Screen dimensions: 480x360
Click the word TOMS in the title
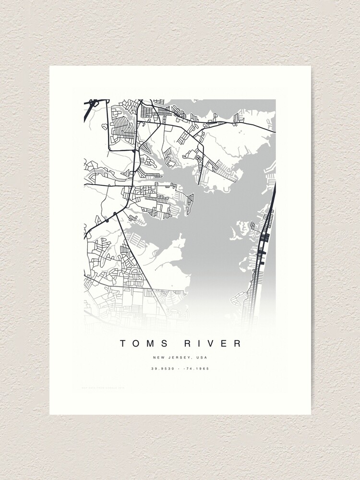(x=143, y=343)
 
